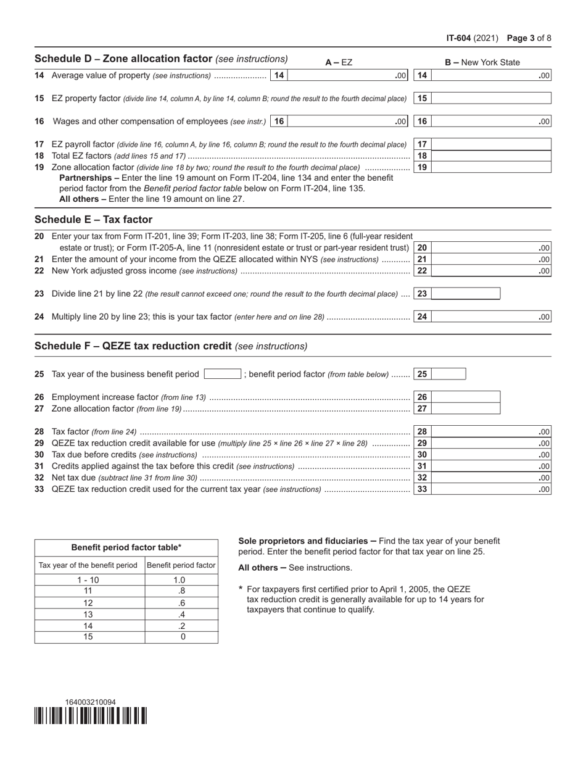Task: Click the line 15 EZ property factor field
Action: pos(491,98)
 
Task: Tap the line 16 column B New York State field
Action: pos(491,122)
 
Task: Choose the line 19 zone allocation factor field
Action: pos(491,167)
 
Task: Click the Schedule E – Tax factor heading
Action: pos(93,220)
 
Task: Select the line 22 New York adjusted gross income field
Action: pos(491,271)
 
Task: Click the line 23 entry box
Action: pos(466,294)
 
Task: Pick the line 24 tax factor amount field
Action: pos(491,317)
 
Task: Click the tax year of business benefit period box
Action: pos(222,374)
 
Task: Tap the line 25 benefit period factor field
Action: pos(448,374)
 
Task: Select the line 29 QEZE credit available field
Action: pos(491,444)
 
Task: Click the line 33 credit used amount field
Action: pos(491,489)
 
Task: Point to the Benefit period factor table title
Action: pos(126,547)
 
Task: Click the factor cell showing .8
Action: pos(181,591)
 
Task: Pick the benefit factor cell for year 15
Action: pos(181,637)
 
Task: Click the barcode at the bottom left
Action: pos(91,716)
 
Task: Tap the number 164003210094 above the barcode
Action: pos(90,702)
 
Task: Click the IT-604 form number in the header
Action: pos(459,38)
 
